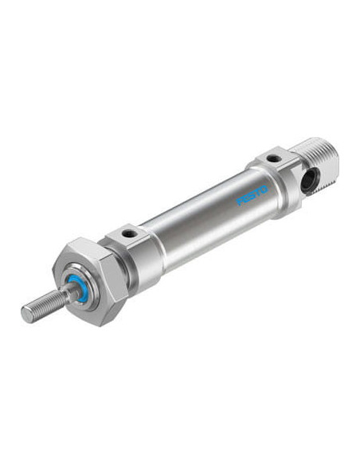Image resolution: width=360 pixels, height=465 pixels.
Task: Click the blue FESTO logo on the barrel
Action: (x=252, y=196)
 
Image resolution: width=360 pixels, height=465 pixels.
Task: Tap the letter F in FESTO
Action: (x=239, y=201)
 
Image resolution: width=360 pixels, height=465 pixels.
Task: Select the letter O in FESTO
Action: (x=264, y=190)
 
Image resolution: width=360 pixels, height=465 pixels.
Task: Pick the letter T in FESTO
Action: (x=257, y=193)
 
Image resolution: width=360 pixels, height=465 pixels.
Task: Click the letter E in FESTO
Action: (x=245, y=199)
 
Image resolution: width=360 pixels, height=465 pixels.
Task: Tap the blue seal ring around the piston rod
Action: (x=78, y=288)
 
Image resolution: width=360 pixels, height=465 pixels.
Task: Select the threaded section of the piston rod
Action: (x=45, y=306)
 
